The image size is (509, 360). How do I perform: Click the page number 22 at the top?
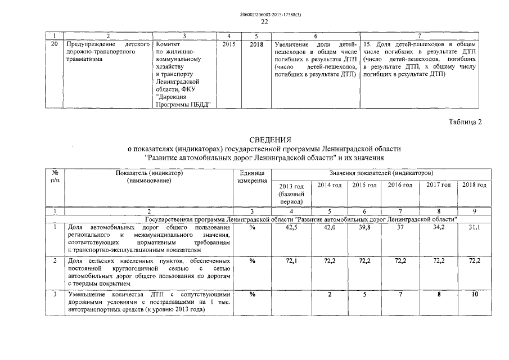click(264, 22)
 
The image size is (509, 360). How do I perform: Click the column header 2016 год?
click(400, 185)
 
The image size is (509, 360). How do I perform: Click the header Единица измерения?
click(252, 177)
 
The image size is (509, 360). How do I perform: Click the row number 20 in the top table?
click(54, 44)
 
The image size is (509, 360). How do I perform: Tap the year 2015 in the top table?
click(229, 44)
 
